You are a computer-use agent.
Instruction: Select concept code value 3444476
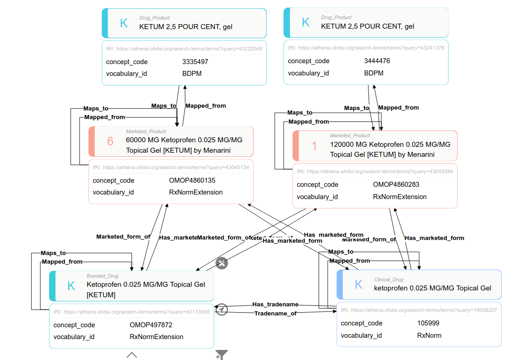(377, 61)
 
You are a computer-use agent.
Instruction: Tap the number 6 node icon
(110, 141)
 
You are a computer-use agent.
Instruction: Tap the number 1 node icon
(314, 146)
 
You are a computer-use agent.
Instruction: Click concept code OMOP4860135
(192, 180)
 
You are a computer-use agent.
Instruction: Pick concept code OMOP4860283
(396, 185)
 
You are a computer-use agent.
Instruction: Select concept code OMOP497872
(151, 325)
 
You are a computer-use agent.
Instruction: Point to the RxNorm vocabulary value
(429, 335)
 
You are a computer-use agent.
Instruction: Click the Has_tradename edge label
(275, 304)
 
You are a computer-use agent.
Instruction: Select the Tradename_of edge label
(275, 313)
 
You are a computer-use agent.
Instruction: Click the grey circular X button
(221, 263)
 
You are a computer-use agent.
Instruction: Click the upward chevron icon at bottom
(132, 355)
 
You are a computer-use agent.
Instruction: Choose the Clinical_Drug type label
(388, 280)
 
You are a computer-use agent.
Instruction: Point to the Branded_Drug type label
(102, 276)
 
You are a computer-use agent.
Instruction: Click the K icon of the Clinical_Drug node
(359, 285)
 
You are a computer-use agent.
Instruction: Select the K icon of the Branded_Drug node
(71, 286)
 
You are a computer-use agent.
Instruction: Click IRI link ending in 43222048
(189, 48)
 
